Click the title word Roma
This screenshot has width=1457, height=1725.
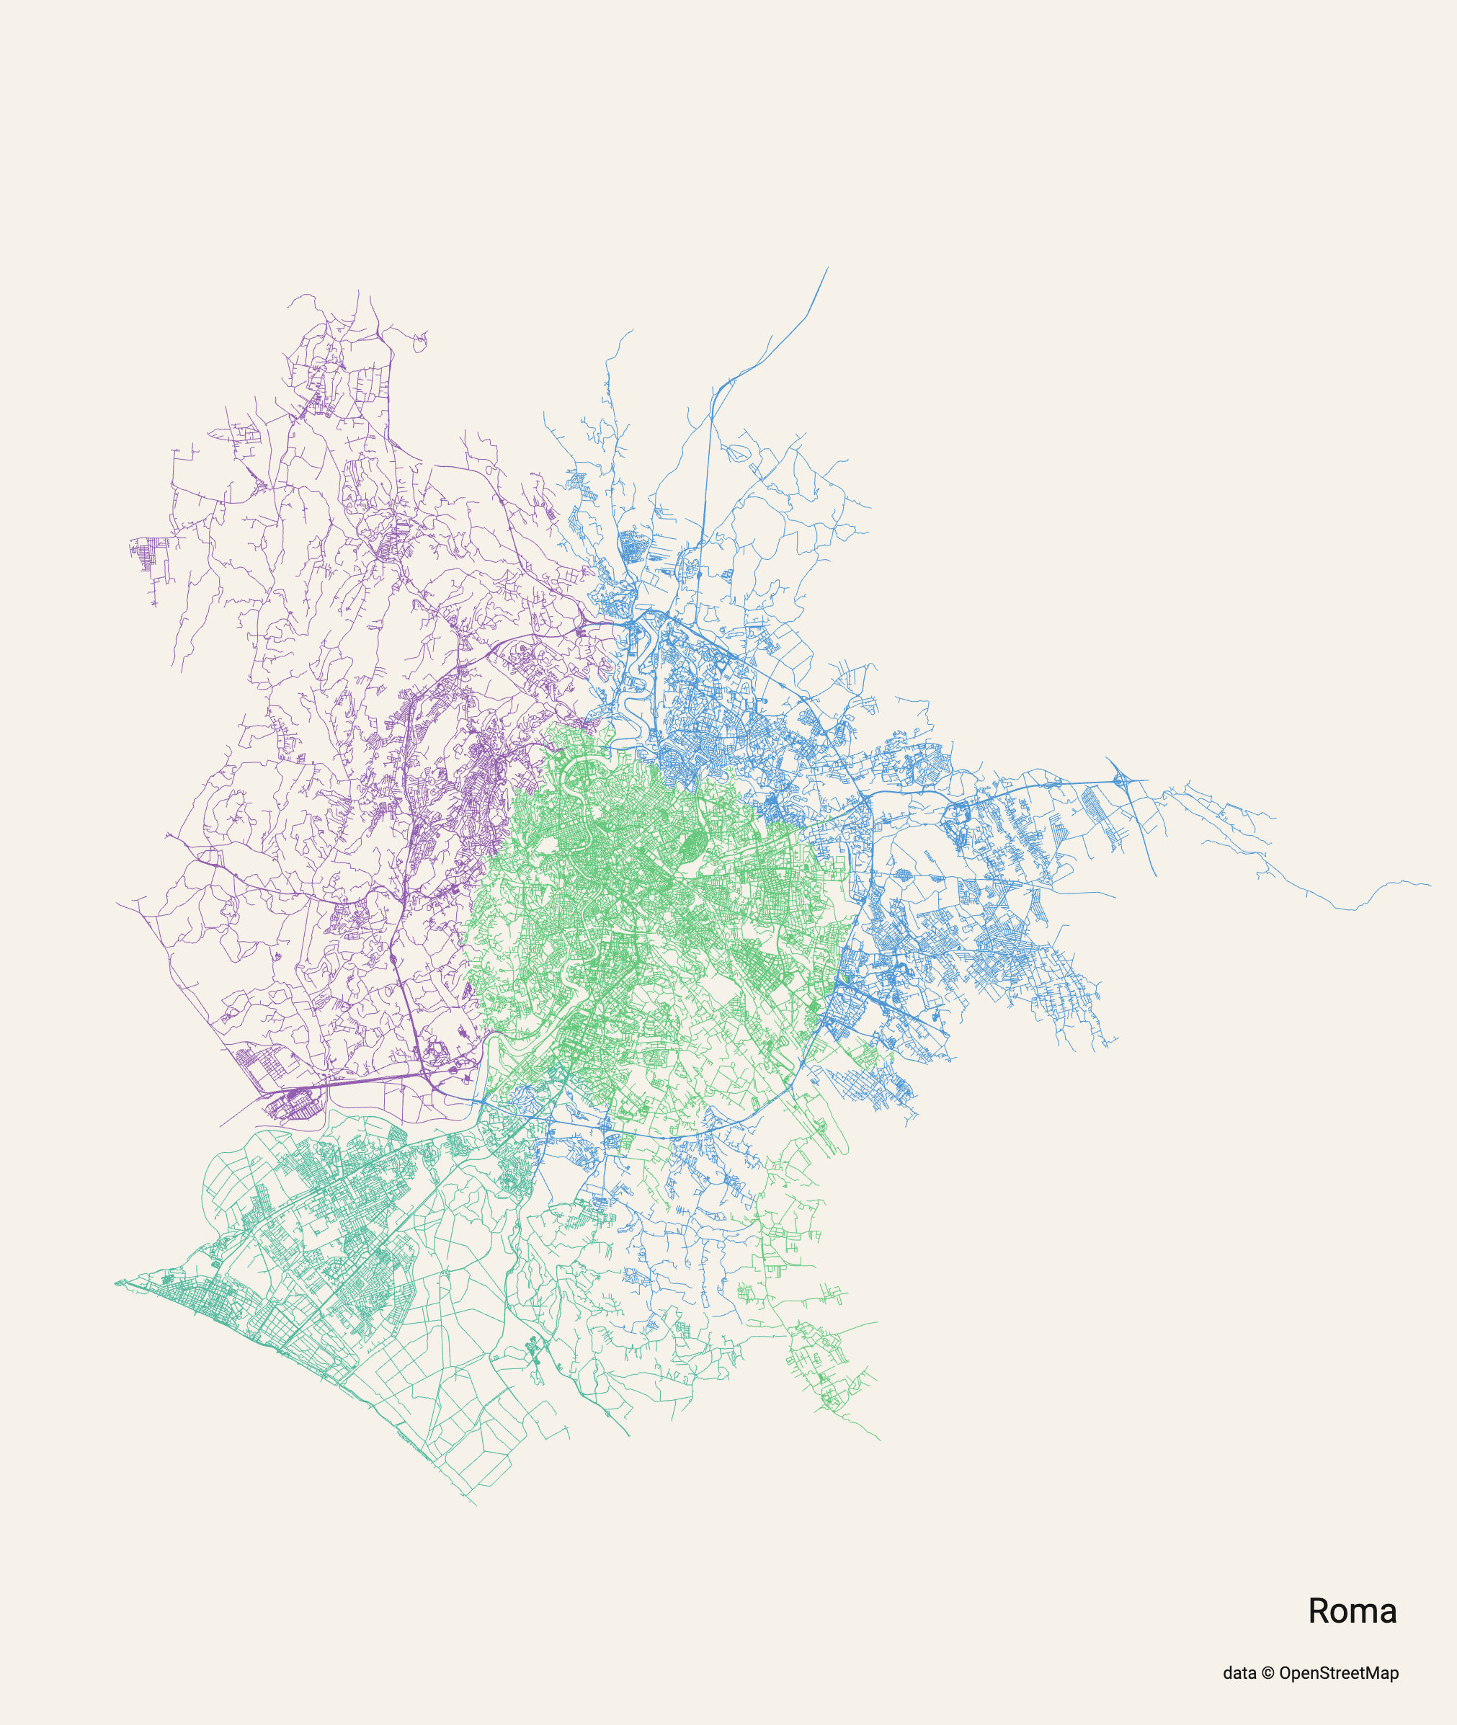pyautogui.click(x=1352, y=1611)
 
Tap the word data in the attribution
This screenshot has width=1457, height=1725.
pyautogui.click(x=1239, y=1673)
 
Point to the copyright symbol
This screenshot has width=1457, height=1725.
pyautogui.click(x=1268, y=1673)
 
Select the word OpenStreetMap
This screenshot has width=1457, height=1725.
pyautogui.click(x=1339, y=1673)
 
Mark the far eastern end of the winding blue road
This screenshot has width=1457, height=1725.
pyautogui.click(x=1430, y=886)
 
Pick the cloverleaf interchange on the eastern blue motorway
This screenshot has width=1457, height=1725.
pyautogui.click(x=1120, y=779)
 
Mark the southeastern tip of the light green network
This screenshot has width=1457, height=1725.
pyautogui.click(x=881, y=1440)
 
